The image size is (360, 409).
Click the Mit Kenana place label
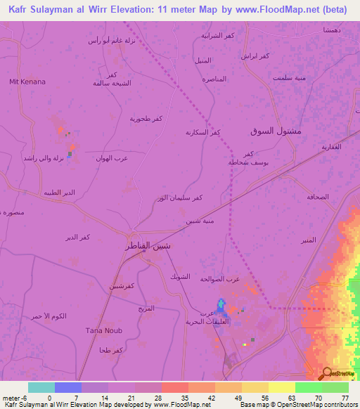27,82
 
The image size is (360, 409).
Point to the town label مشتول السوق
276,131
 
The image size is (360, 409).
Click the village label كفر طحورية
146,119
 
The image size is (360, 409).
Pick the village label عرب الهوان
112,159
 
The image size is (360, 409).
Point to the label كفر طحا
111,350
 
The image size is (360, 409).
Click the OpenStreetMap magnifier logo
327,374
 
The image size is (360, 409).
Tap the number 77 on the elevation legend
344,398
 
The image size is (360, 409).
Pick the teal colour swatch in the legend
41,387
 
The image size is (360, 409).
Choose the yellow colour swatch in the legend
281,387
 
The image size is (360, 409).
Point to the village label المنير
306,240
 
